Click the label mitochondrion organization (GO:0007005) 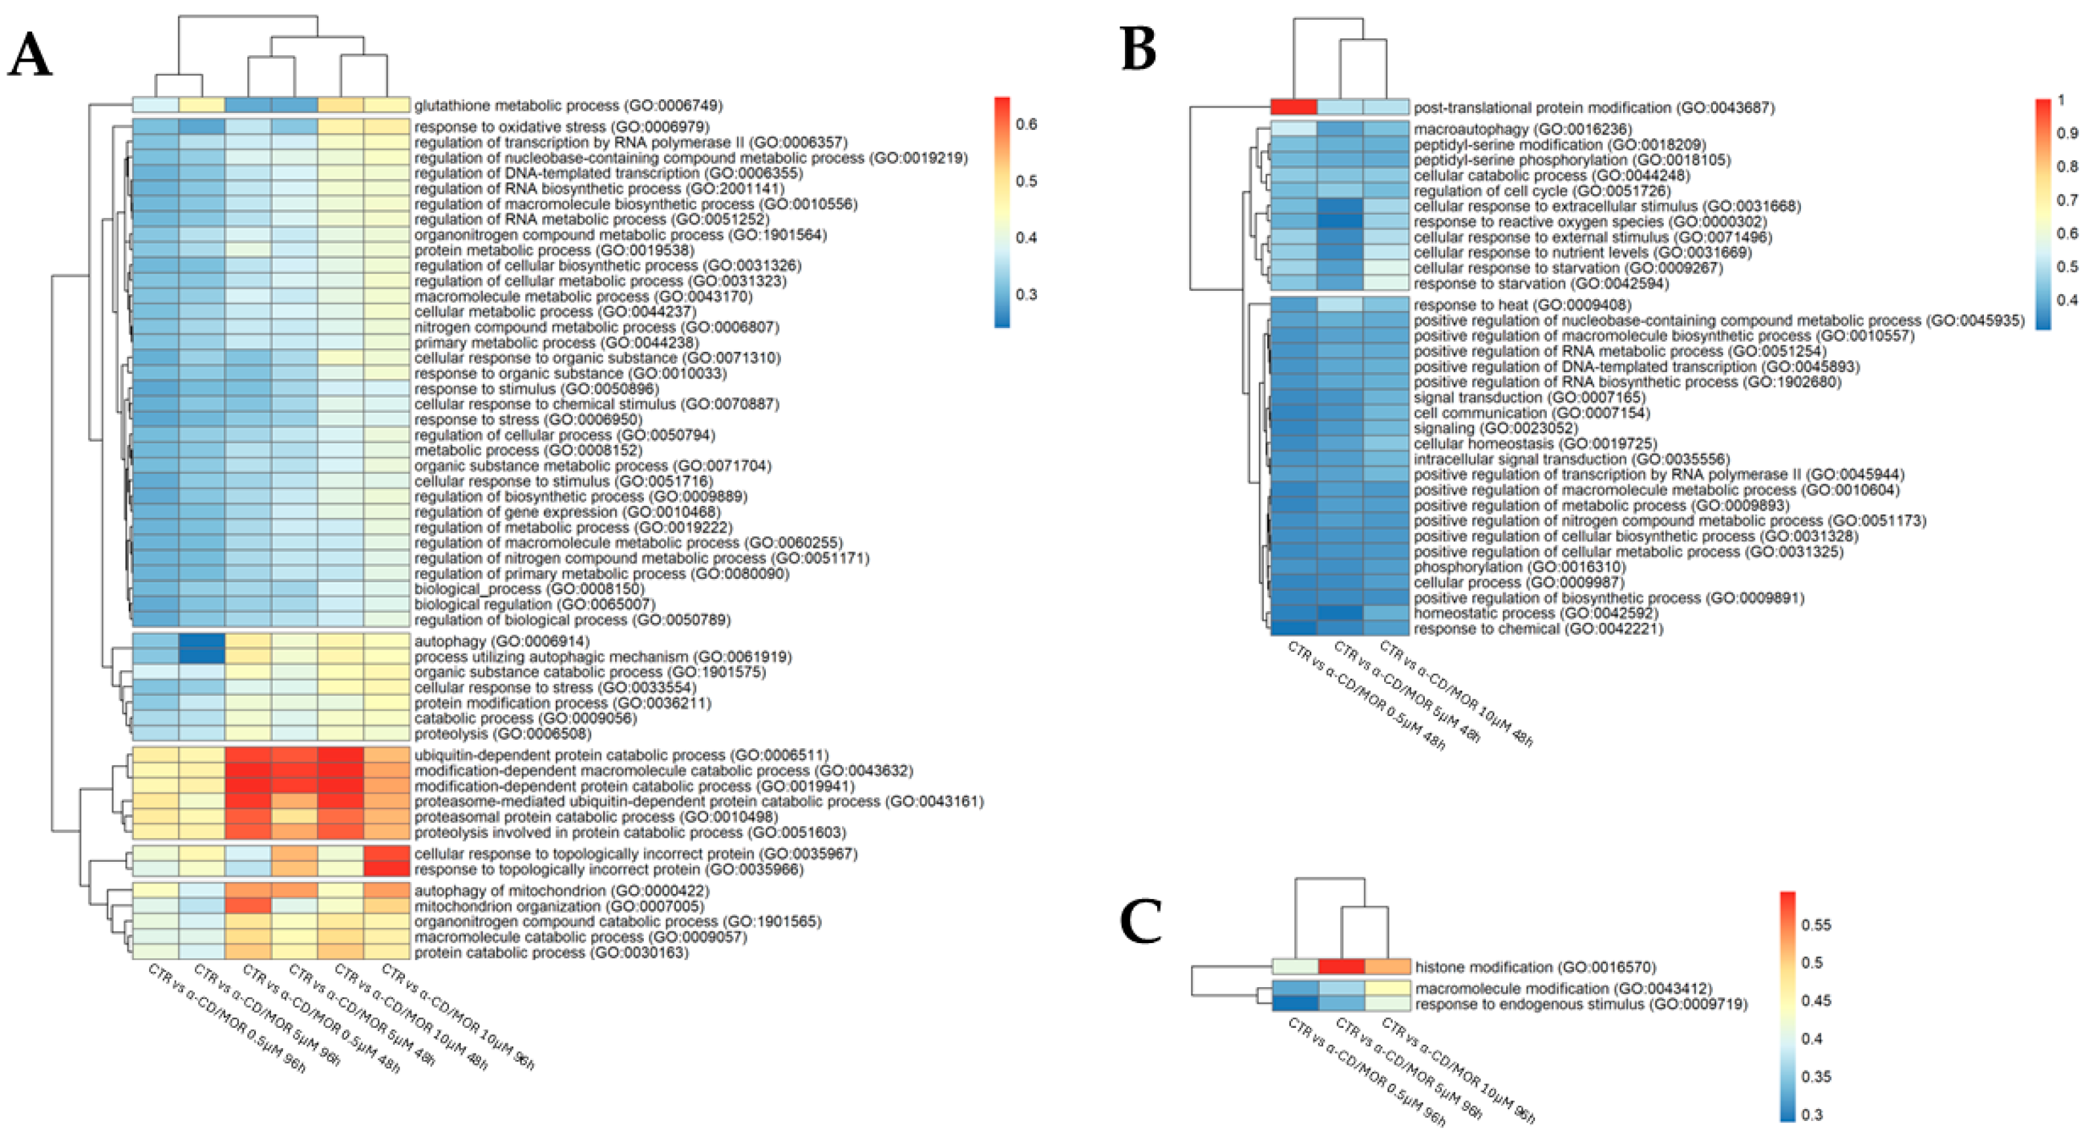(559, 906)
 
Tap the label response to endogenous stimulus (1580, 1004)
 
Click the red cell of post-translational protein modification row (1294, 107)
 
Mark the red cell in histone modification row (1341, 967)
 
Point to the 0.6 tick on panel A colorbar (1026, 124)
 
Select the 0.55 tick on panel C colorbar (1815, 925)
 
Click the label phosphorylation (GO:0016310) (1508, 567)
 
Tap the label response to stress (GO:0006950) (528, 419)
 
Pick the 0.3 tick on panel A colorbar (1026, 295)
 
